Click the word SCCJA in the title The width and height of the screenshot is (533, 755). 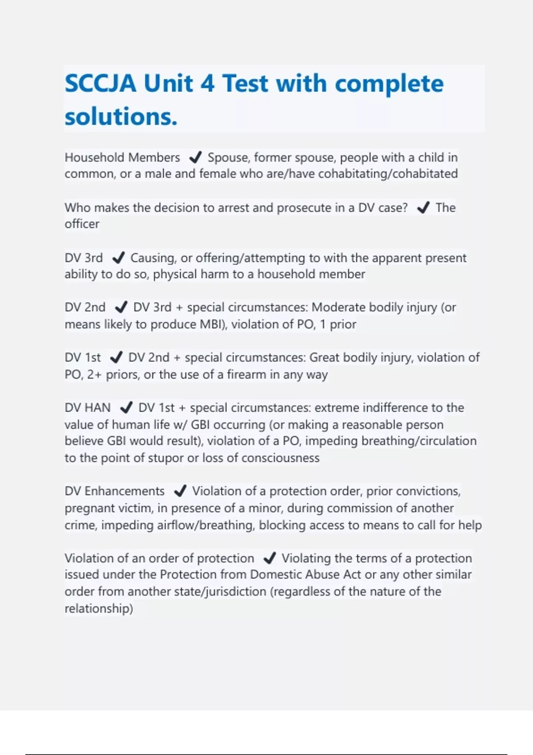[100, 83]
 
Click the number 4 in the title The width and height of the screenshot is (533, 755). [207, 83]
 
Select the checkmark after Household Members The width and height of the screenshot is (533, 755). [195, 158]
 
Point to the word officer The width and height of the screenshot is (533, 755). [82, 224]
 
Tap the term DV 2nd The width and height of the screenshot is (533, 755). [85, 307]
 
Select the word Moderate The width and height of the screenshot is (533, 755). [338, 307]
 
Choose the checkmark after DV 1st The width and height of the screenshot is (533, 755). [115, 358]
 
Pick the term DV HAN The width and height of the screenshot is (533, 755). [88, 408]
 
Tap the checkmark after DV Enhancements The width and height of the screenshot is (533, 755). [179, 491]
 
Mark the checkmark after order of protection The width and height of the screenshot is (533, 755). [269, 558]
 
